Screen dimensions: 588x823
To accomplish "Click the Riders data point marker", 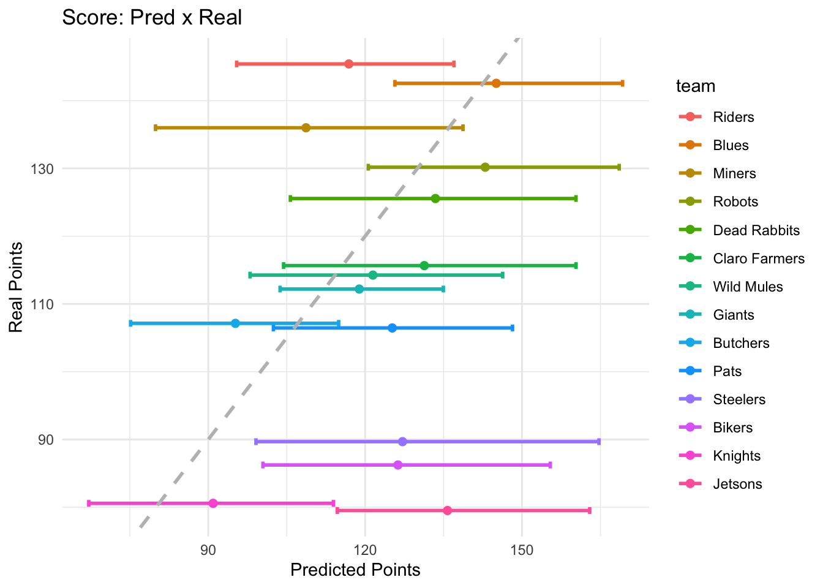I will tap(348, 64).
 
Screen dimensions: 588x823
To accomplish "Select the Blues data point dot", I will tap(496, 83).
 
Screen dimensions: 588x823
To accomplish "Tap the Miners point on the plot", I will tap(306, 127).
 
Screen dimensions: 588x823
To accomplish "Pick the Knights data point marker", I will tap(213, 503).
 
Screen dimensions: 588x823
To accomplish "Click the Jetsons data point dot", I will tap(448, 511).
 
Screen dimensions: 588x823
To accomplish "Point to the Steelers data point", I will tap(402, 442).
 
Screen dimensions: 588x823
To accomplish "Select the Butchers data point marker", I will tap(235, 323).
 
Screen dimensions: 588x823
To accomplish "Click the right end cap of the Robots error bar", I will tap(619, 167).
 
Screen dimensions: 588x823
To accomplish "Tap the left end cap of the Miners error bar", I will tap(156, 127).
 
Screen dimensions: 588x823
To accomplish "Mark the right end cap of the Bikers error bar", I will tap(550, 465).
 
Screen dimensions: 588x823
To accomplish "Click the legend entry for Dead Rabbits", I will tap(756, 230).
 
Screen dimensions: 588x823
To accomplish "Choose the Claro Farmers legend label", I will tap(759, 258).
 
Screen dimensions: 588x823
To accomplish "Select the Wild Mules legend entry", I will tap(748, 287).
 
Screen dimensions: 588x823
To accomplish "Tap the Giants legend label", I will tap(734, 315).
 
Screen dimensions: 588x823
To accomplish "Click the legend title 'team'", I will tap(696, 86).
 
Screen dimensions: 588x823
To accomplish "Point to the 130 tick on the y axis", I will tap(43, 168).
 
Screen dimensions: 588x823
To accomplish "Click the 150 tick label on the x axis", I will tap(522, 549).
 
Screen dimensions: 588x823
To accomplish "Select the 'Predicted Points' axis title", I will tap(355, 570).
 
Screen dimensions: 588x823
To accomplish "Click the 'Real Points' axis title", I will tap(16, 287).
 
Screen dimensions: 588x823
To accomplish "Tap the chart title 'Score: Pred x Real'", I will tap(152, 18).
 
